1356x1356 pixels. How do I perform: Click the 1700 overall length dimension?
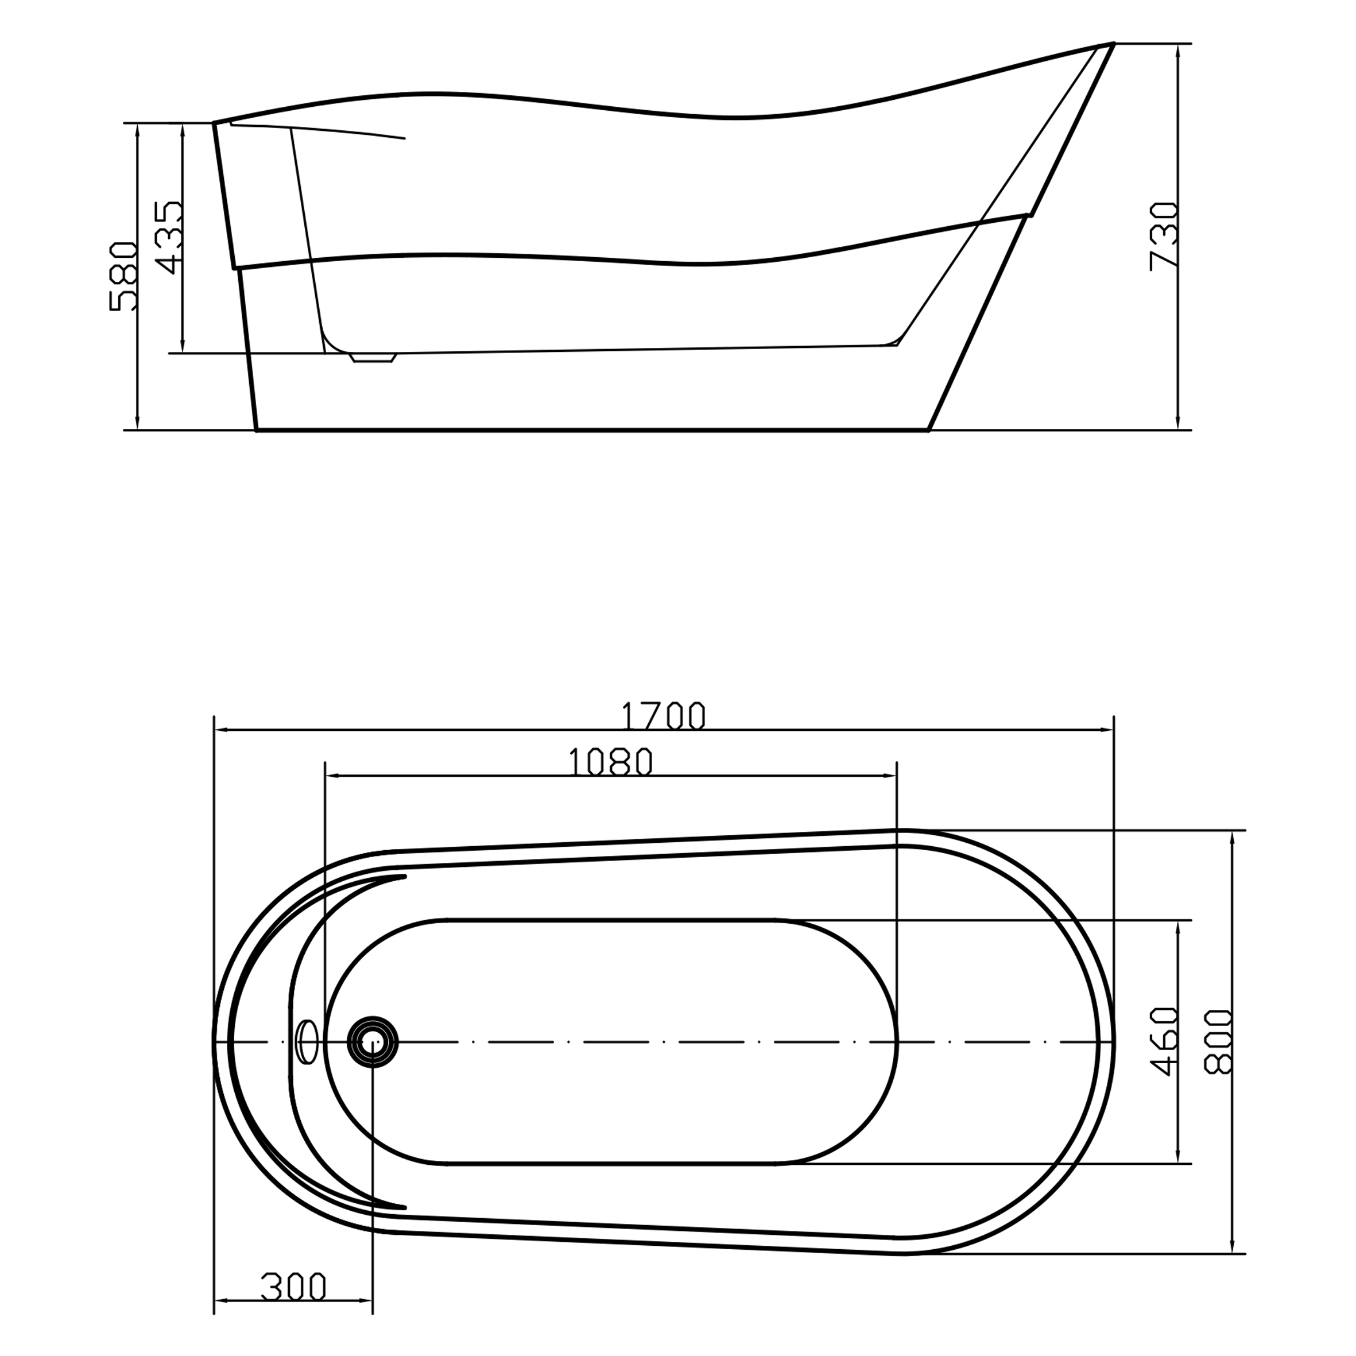[x=663, y=716]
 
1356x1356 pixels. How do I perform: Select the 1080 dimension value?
[x=611, y=762]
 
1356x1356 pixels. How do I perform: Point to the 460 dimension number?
[x=1165, y=1041]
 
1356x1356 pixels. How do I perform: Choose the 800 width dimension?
[x=1218, y=1041]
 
